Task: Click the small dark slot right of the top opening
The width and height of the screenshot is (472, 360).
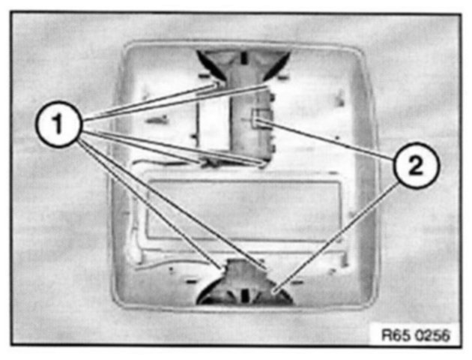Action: [283, 76]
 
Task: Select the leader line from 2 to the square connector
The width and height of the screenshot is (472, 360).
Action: [330, 141]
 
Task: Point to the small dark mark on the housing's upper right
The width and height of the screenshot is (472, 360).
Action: [341, 93]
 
